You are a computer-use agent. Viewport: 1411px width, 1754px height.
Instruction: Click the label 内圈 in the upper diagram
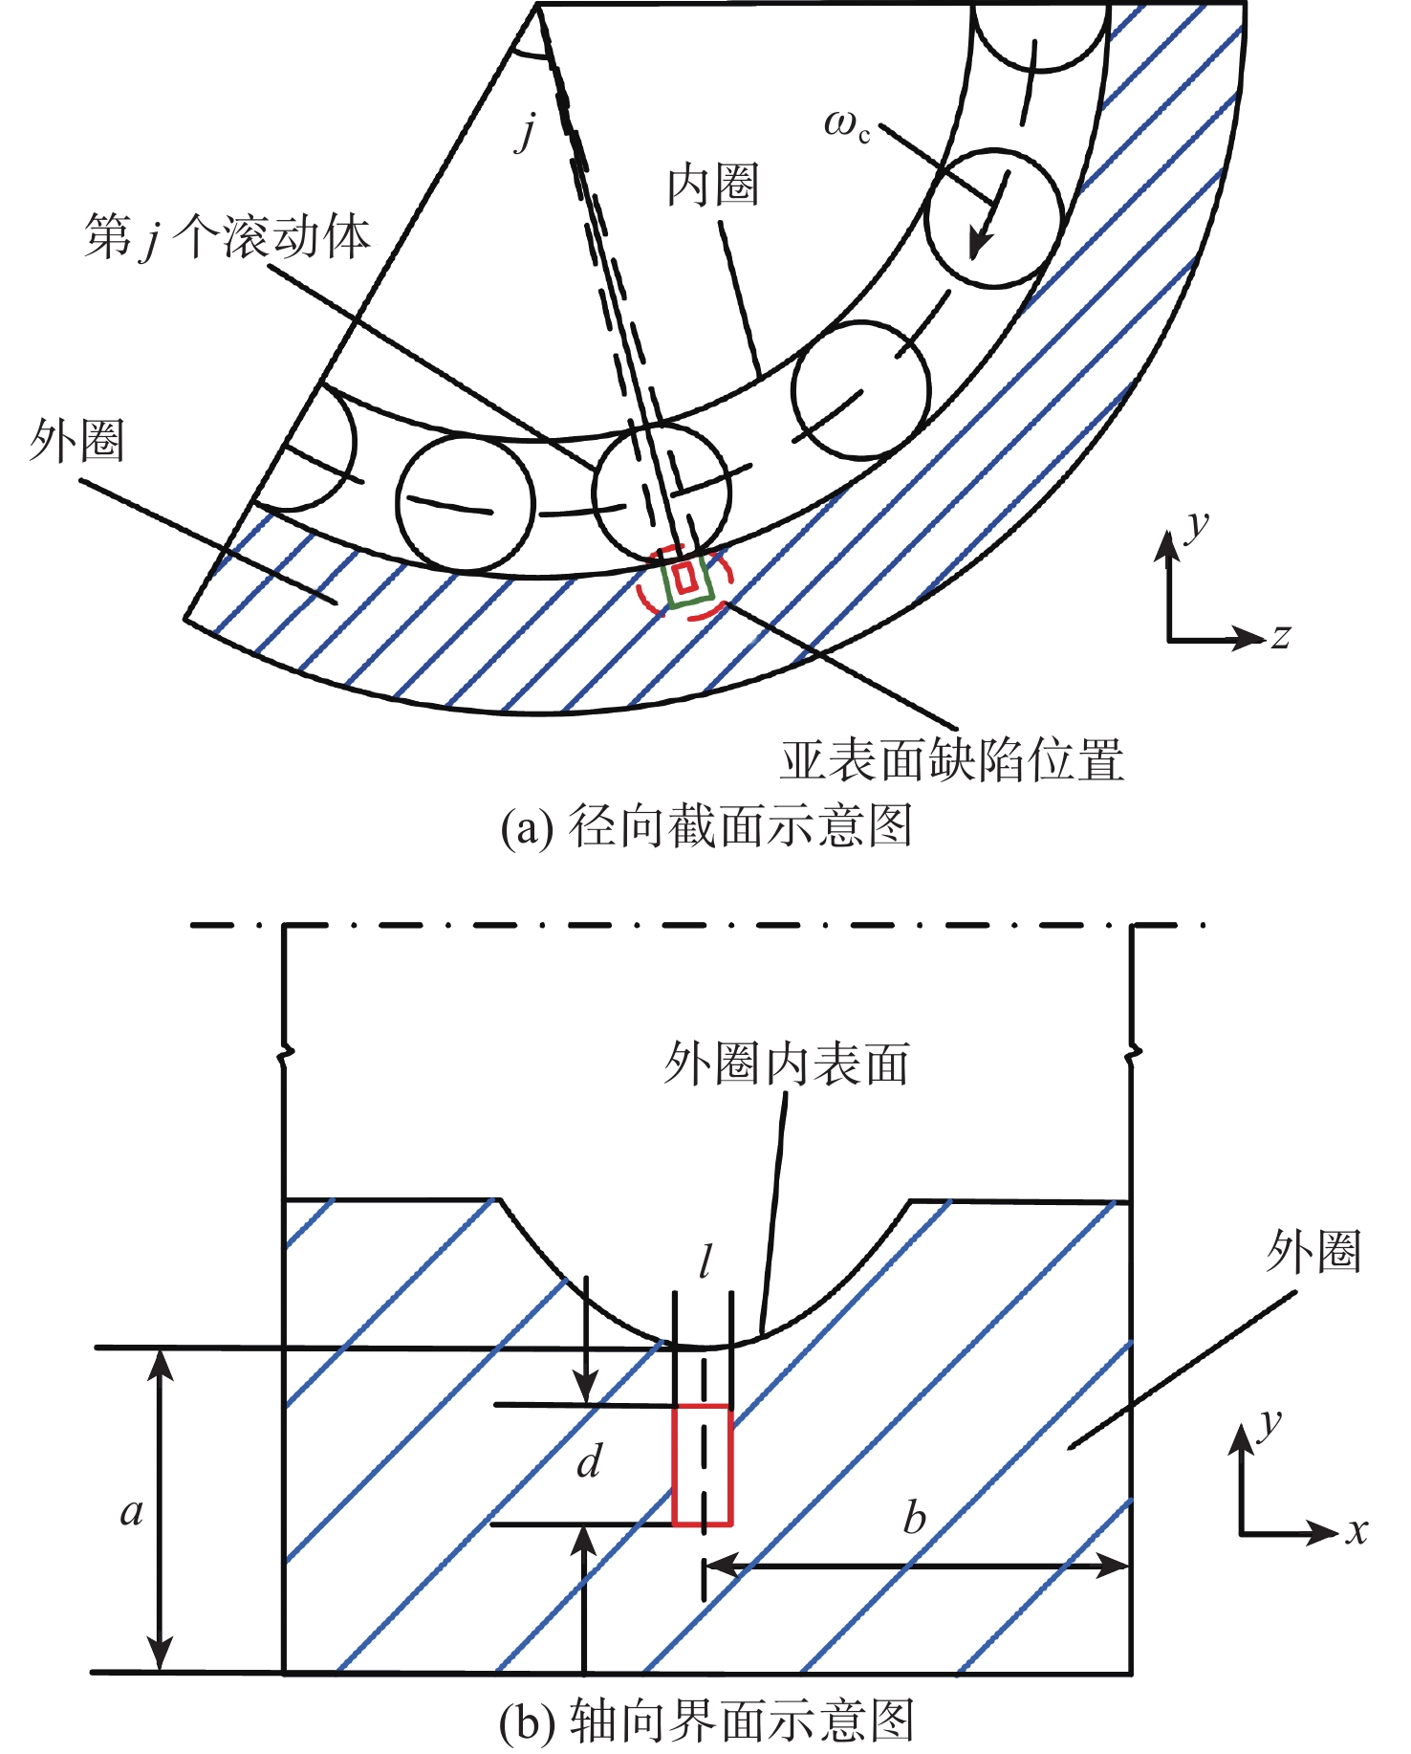coord(713,186)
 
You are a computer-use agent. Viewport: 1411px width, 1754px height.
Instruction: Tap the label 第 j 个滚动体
coord(228,236)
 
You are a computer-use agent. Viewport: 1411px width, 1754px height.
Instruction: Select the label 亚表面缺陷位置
coord(952,761)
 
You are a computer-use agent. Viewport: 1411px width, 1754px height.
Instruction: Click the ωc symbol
coord(847,125)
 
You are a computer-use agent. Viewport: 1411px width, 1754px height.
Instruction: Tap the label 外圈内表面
coord(786,1063)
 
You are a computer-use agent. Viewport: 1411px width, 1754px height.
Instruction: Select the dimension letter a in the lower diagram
coord(132,1511)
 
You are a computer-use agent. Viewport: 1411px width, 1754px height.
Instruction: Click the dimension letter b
coord(914,1518)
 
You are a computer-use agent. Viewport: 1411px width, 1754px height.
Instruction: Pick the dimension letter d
coord(589,1461)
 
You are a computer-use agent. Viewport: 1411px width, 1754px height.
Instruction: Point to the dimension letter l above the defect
coord(705,1262)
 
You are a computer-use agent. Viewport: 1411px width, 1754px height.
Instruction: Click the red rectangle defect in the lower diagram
coord(702,1465)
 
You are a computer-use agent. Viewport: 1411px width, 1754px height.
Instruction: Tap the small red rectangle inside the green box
coord(684,578)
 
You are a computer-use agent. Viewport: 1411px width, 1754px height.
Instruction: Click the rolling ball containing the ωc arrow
coord(994,218)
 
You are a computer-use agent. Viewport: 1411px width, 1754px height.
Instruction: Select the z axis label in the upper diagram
coord(1281,635)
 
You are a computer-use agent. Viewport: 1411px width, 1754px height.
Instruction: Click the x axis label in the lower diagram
coord(1357,1530)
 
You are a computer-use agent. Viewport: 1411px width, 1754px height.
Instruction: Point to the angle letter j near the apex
coord(526,130)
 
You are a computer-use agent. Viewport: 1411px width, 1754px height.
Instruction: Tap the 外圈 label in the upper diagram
coord(76,441)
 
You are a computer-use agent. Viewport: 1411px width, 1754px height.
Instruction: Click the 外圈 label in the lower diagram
coord(1313,1251)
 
